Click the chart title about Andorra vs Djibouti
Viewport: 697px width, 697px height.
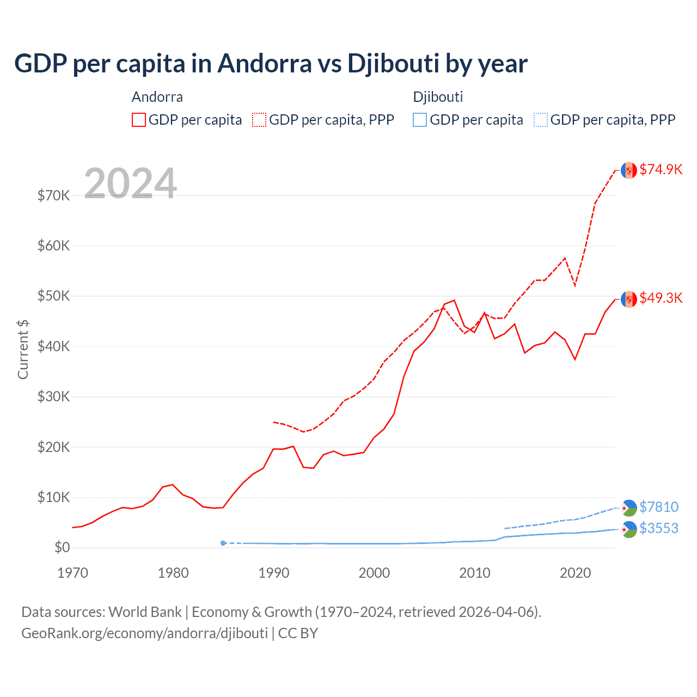click(x=271, y=64)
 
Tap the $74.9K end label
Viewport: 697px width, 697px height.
click(x=661, y=169)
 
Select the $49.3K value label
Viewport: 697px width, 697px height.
click(x=661, y=298)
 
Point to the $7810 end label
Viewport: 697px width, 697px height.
click(x=658, y=507)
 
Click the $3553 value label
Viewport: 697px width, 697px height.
click(x=658, y=528)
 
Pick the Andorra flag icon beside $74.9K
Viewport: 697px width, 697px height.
click(x=629, y=170)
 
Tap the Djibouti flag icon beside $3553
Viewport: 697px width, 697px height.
click(x=629, y=529)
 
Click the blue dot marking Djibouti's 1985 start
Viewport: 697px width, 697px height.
click(x=223, y=543)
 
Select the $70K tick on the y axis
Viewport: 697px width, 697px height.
click(x=53, y=195)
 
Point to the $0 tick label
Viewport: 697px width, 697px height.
click(x=62, y=547)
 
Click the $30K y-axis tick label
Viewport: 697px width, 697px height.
click(x=53, y=396)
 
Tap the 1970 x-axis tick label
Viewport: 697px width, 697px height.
click(x=72, y=573)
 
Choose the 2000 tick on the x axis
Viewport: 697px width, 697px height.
click(x=374, y=573)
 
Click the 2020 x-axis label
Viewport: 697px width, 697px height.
click(x=575, y=573)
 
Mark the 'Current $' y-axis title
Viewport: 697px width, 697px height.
click(x=23, y=349)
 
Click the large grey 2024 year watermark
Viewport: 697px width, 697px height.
click(x=130, y=184)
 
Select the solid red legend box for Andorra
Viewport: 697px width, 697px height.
click(x=139, y=120)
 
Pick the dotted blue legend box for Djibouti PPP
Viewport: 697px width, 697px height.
click(x=540, y=120)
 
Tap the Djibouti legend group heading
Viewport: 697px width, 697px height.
click(x=438, y=97)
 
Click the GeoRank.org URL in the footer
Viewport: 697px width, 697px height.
click(x=144, y=633)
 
